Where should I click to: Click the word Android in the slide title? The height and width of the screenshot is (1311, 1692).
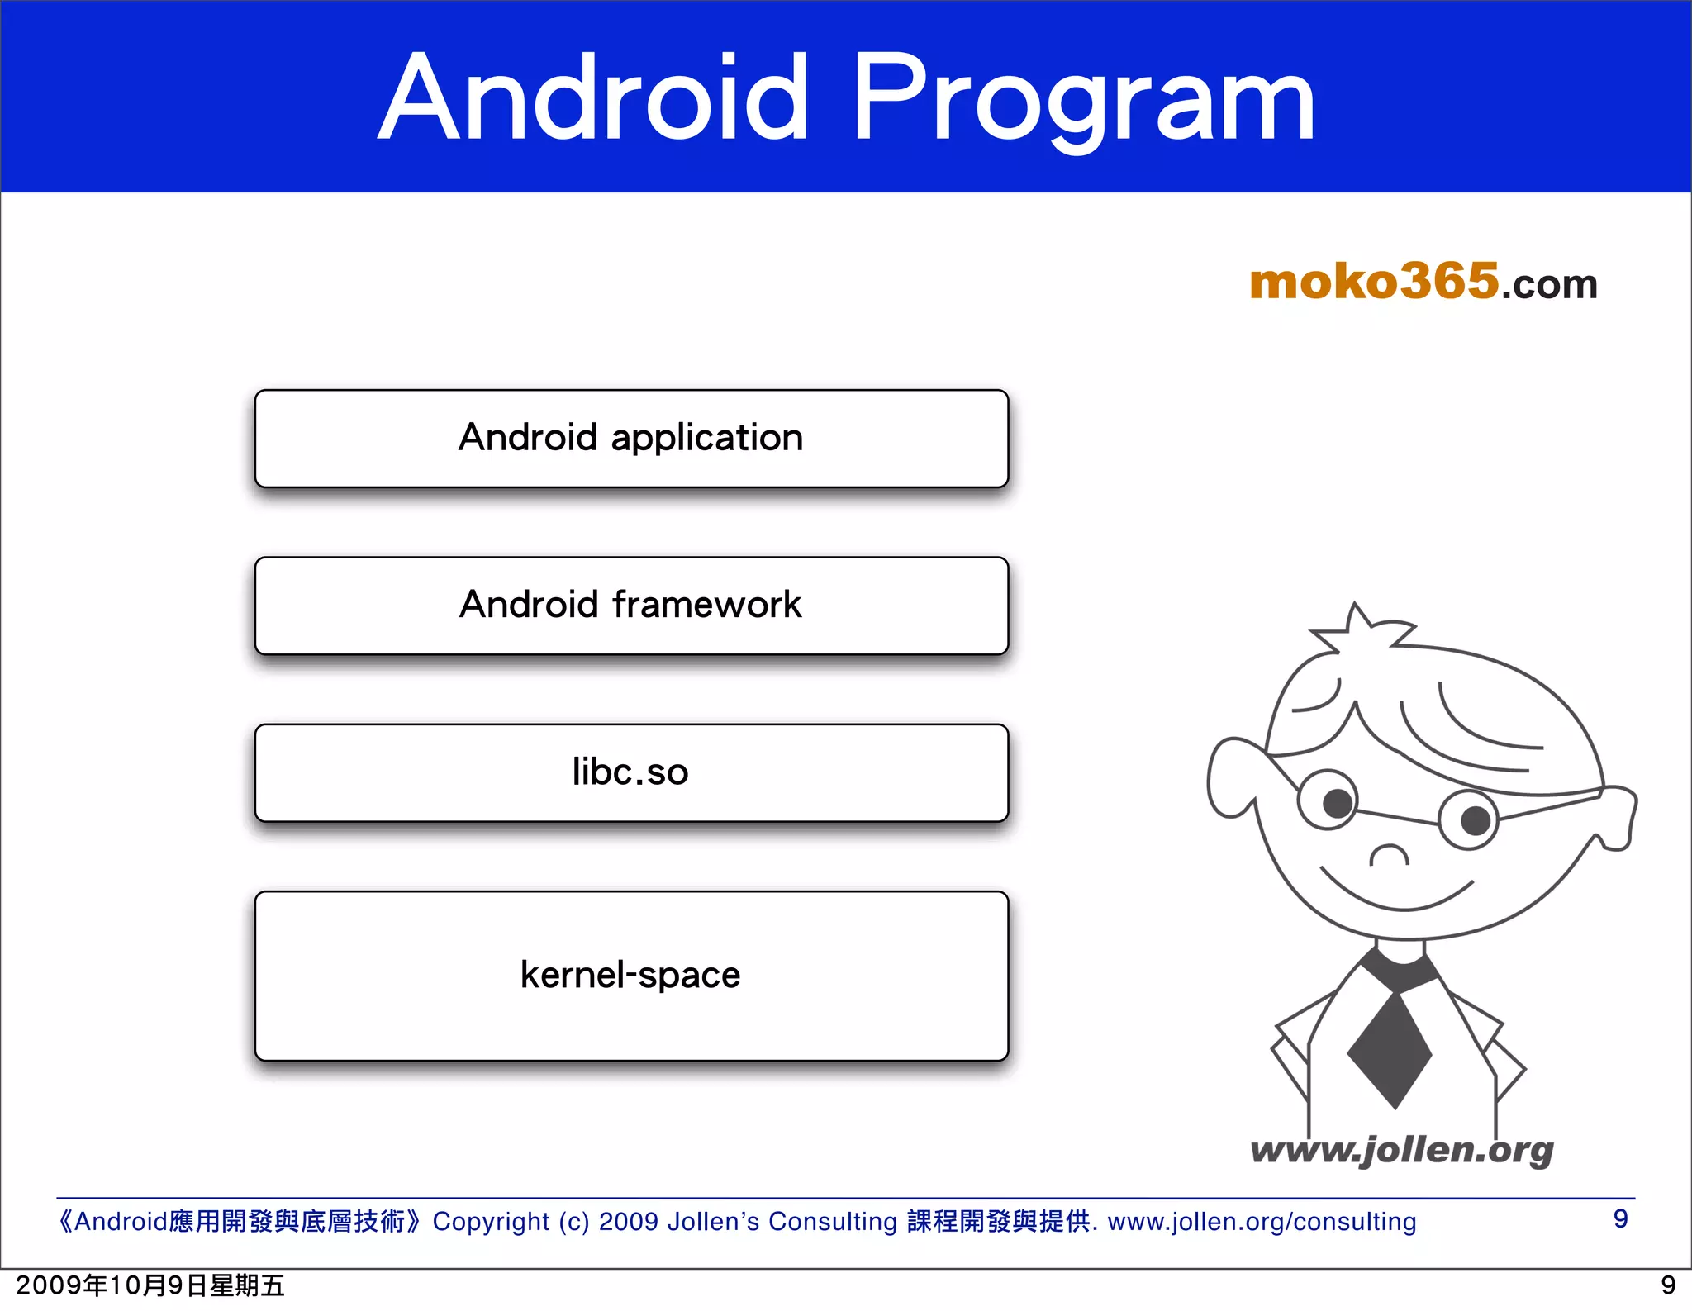[593, 99]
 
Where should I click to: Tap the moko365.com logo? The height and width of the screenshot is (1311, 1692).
[1423, 283]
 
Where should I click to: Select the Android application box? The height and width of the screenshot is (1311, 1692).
[631, 439]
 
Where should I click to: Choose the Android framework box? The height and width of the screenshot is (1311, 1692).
[631, 606]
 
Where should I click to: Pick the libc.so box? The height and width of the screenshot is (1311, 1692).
[631, 772]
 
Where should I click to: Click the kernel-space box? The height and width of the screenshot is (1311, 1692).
[631, 976]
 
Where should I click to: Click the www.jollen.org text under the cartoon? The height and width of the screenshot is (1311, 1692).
[1401, 1149]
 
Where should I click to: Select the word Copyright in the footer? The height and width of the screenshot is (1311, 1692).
[491, 1221]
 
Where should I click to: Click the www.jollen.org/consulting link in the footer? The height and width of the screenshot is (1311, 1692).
[1262, 1221]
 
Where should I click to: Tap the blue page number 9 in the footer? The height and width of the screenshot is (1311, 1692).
[1620, 1218]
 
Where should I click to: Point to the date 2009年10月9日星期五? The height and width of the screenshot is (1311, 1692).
[150, 1285]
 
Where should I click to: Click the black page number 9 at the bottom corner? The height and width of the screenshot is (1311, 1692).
[1667, 1285]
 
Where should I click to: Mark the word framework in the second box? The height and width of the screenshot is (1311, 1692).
[706, 605]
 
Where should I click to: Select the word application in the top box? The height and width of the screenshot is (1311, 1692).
[706, 438]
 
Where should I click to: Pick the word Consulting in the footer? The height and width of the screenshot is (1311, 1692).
[832, 1221]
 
